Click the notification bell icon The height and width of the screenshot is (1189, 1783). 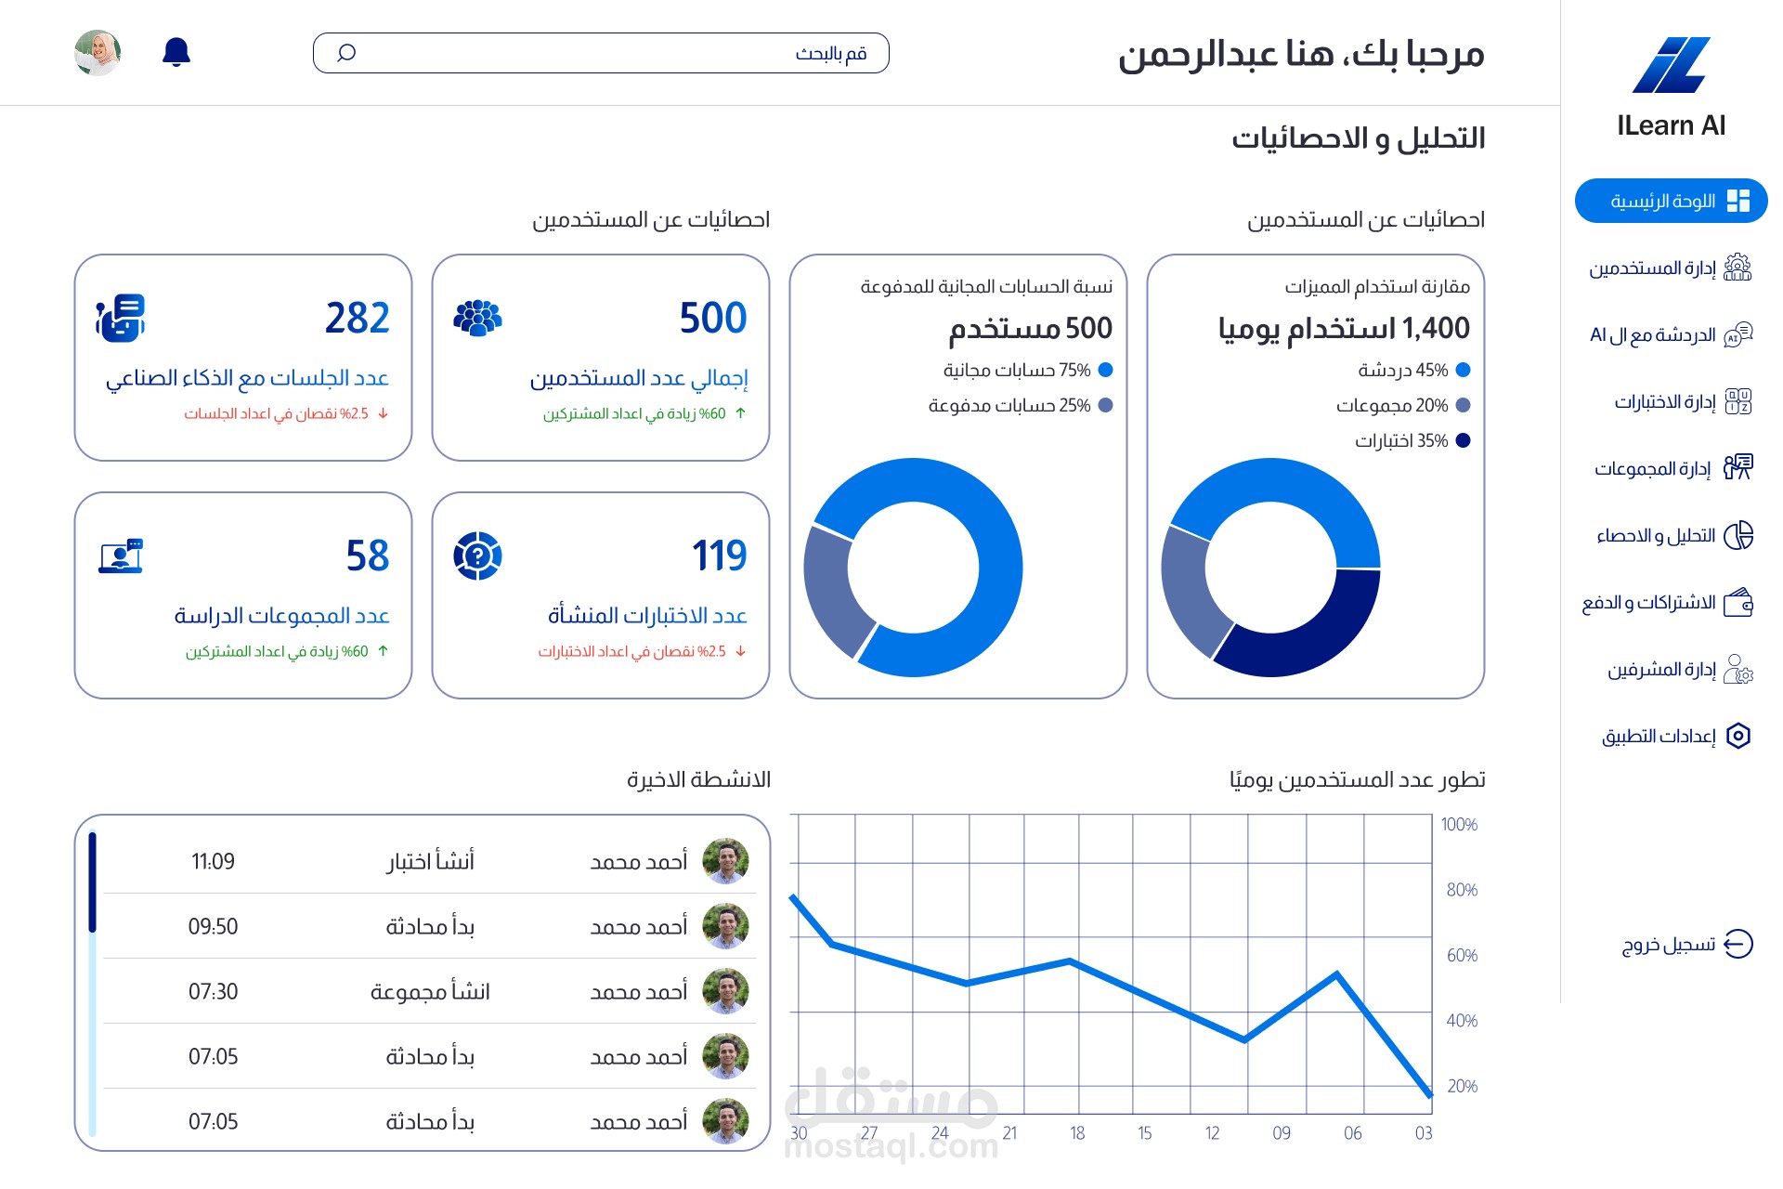[176, 52]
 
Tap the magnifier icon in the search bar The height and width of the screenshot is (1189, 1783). [346, 53]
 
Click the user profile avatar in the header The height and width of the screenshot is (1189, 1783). [98, 53]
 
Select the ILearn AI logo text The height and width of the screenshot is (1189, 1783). [1671, 125]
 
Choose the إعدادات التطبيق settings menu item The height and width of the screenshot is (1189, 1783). [1676, 736]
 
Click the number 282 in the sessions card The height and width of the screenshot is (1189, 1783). [358, 318]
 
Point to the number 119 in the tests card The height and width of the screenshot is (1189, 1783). [720, 555]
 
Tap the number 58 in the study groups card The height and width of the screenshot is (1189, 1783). [368, 555]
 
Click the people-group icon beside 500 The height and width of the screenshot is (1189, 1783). [477, 318]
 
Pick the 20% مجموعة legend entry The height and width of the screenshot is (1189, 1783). [1403, 405]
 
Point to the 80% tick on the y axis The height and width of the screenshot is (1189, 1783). [1462, 890]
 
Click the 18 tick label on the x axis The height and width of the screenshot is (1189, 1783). [1077, 1133]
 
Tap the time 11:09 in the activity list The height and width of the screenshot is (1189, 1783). [213, 861]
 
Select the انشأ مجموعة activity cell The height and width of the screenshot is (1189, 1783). [430, 991]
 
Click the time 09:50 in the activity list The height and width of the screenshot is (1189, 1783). [213, 926]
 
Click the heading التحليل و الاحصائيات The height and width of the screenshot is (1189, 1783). [1359, 138]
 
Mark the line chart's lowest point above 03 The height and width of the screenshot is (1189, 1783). [1430, 1096]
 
